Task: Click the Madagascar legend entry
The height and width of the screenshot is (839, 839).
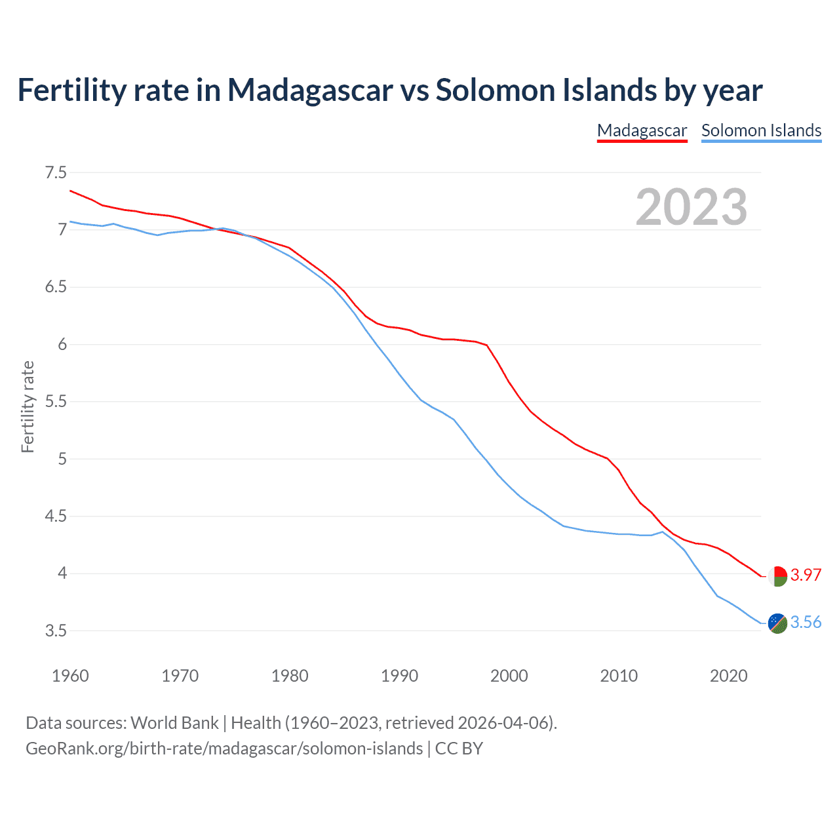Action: coord(642,130)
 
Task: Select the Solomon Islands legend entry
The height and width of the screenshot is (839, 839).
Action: coord(761,130)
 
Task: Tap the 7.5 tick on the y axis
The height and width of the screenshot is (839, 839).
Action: coord(56,173)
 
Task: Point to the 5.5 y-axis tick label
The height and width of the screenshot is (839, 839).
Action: coord(56,402)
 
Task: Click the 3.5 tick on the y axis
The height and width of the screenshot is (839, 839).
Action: coord(56,631)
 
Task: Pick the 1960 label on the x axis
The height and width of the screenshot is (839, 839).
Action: coord(70,676)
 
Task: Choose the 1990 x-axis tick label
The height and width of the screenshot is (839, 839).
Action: coord(399,676)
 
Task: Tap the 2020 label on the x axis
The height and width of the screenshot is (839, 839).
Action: coord(728,676)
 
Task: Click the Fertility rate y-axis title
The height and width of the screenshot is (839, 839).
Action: coord(28,406)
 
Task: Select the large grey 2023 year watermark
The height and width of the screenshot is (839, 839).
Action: coord(691,207)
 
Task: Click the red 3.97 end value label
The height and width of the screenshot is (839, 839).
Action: coord(806,575)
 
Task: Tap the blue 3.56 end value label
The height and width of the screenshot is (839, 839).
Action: coord(806,622)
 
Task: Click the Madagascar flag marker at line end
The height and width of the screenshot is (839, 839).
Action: coord(777,576)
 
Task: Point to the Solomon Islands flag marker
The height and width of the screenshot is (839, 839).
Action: coord(777,623)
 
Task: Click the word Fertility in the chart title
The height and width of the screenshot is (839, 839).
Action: coord(71,90)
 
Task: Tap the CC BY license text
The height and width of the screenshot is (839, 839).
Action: coord(459,749)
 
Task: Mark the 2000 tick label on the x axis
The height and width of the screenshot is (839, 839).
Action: coord(509,676)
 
